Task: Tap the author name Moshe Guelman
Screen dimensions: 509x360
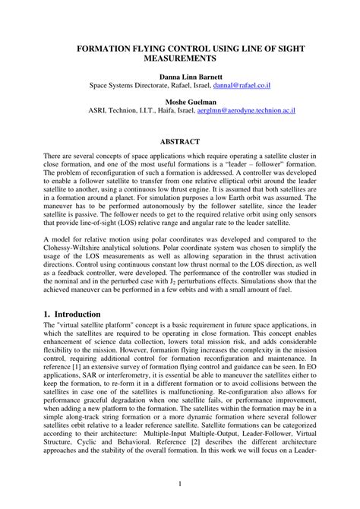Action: click(179, 101)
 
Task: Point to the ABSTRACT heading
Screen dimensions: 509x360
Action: click(179, 141)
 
